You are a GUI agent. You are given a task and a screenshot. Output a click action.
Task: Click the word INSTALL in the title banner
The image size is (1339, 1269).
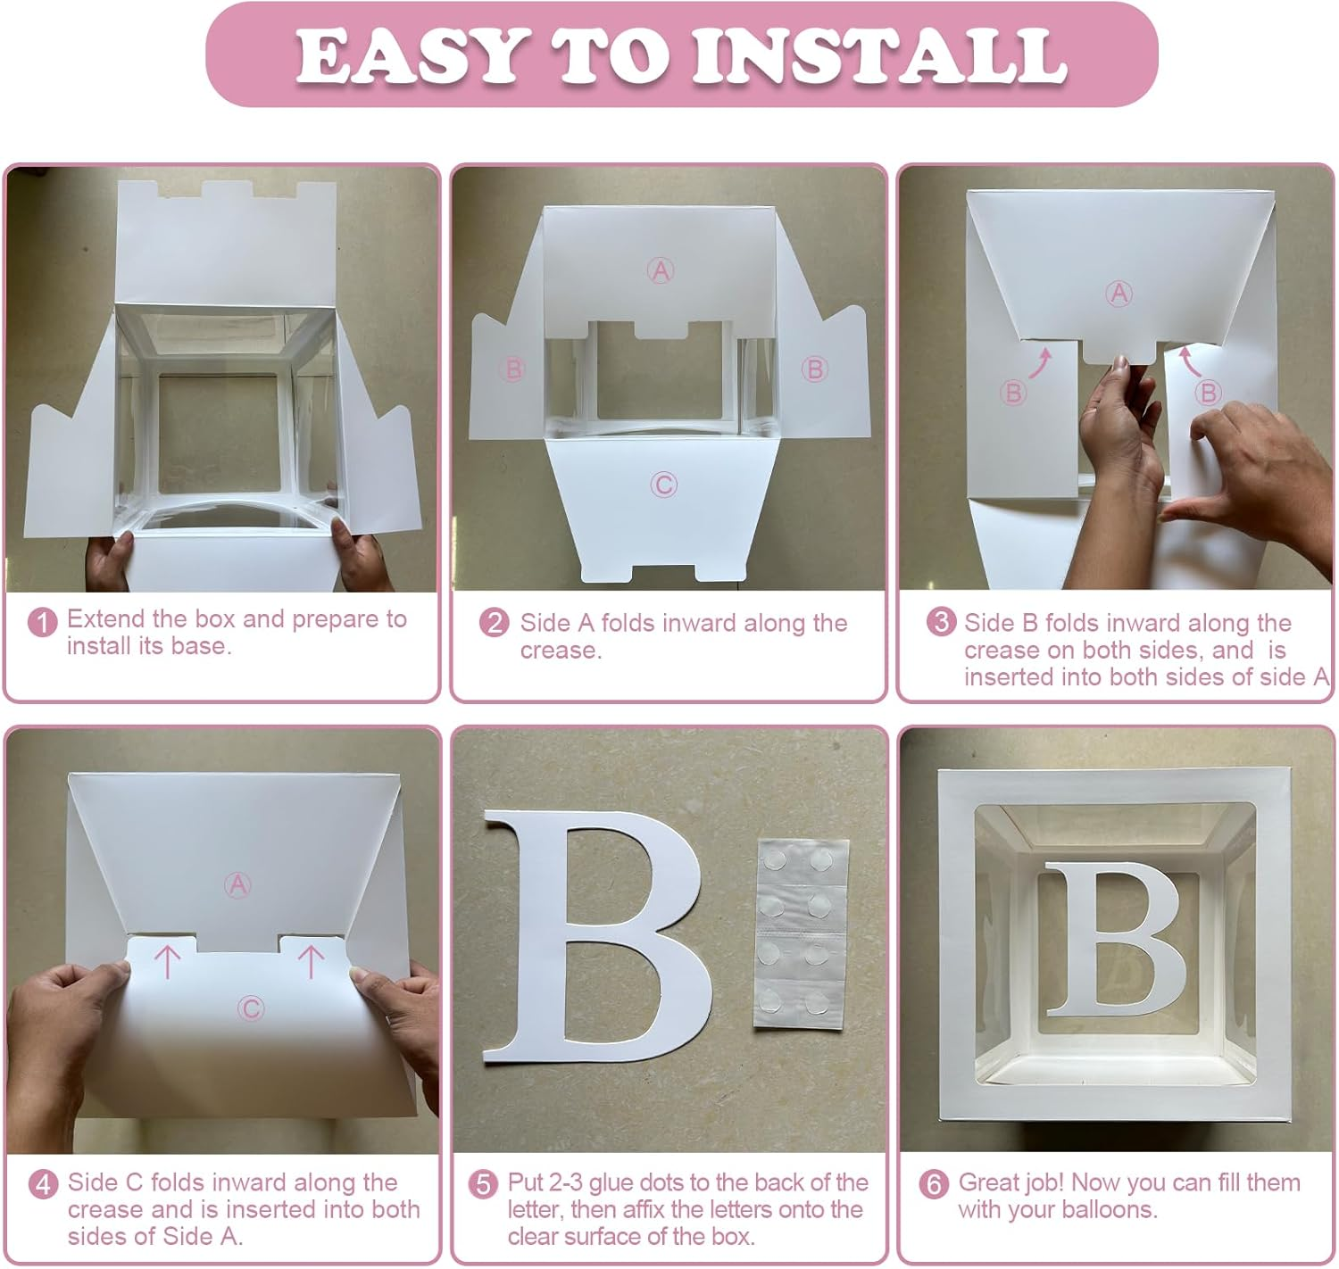879,56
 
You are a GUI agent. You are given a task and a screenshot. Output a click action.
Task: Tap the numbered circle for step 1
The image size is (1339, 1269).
42,623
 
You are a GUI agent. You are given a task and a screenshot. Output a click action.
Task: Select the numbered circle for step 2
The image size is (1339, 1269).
494,623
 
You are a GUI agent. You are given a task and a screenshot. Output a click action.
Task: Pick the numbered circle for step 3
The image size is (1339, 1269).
941,622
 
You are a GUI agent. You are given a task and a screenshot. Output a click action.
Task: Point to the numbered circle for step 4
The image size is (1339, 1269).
43,1184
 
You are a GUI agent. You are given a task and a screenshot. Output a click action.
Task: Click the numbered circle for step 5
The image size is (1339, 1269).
483,1184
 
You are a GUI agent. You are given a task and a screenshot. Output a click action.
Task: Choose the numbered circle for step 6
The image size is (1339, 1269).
934,1184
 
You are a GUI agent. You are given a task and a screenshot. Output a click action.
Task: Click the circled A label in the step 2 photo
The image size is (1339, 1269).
660,271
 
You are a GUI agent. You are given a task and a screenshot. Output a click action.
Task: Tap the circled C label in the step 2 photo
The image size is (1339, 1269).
663,485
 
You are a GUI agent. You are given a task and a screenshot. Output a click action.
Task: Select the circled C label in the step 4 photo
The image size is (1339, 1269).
251,1008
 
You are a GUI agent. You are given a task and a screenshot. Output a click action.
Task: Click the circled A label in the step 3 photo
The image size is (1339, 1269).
1119,294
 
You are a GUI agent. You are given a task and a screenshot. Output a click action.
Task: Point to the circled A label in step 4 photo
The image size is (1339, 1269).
237,885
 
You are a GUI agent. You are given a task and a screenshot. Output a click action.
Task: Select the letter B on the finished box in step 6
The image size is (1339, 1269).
1113,940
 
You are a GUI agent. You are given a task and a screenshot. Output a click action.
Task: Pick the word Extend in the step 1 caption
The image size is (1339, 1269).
107,618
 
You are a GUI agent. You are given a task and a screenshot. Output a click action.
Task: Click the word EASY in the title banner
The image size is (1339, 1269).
413,56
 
